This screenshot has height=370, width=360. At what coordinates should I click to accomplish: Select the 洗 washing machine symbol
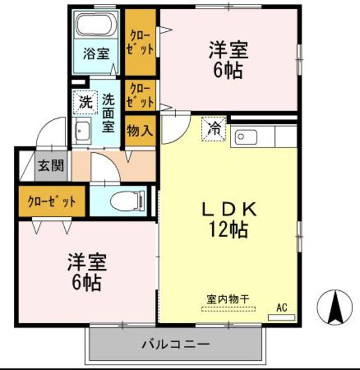pyautogui.click(x=84, y=104)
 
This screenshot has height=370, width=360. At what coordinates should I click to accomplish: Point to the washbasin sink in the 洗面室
pyautogui.click(x=81, y=132)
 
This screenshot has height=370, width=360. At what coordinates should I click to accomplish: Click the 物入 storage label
pyautogui.click(x=139, y=130)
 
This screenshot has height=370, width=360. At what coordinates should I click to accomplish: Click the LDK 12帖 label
pyautogui.click(x=228, y=220)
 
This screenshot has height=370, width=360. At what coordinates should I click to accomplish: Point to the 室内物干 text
pyautogui.click(x=228, y=299)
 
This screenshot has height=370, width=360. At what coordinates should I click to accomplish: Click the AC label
pyautogui.click(x=282, y=307)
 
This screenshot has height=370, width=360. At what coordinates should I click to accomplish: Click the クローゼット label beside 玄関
pyautogui.click(x=52, y=202)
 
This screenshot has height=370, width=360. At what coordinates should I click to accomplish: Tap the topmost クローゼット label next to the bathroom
pyautogui.click(x=141, y=43)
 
